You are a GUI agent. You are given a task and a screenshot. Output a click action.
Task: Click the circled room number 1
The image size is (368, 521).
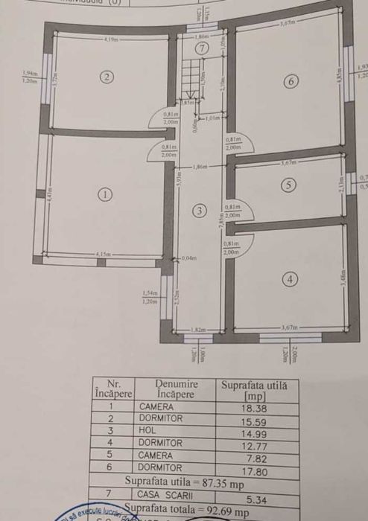pos(106,194)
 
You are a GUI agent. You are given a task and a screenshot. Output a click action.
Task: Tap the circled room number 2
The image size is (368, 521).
pos(107,76)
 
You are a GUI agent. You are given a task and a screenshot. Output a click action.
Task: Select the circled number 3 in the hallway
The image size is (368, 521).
pos(199,211)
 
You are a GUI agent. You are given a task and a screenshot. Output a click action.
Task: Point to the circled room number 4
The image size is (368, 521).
pos(290,279)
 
